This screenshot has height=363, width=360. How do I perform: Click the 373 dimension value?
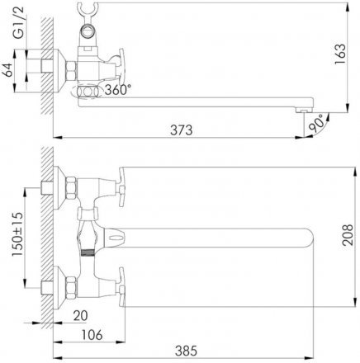(181, 130)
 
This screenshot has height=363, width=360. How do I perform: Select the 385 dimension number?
(187, 351)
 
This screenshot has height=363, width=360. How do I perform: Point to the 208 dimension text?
(348, 235)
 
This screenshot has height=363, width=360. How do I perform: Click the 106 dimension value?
(92, 335)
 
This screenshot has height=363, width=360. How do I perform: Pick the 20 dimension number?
(80, 315)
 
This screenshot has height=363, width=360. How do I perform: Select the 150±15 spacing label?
(18, 234)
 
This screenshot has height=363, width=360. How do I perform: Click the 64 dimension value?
(7, 70)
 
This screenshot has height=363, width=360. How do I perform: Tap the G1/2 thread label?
(18, 22)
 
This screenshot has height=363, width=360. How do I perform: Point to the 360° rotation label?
(118, 90)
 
